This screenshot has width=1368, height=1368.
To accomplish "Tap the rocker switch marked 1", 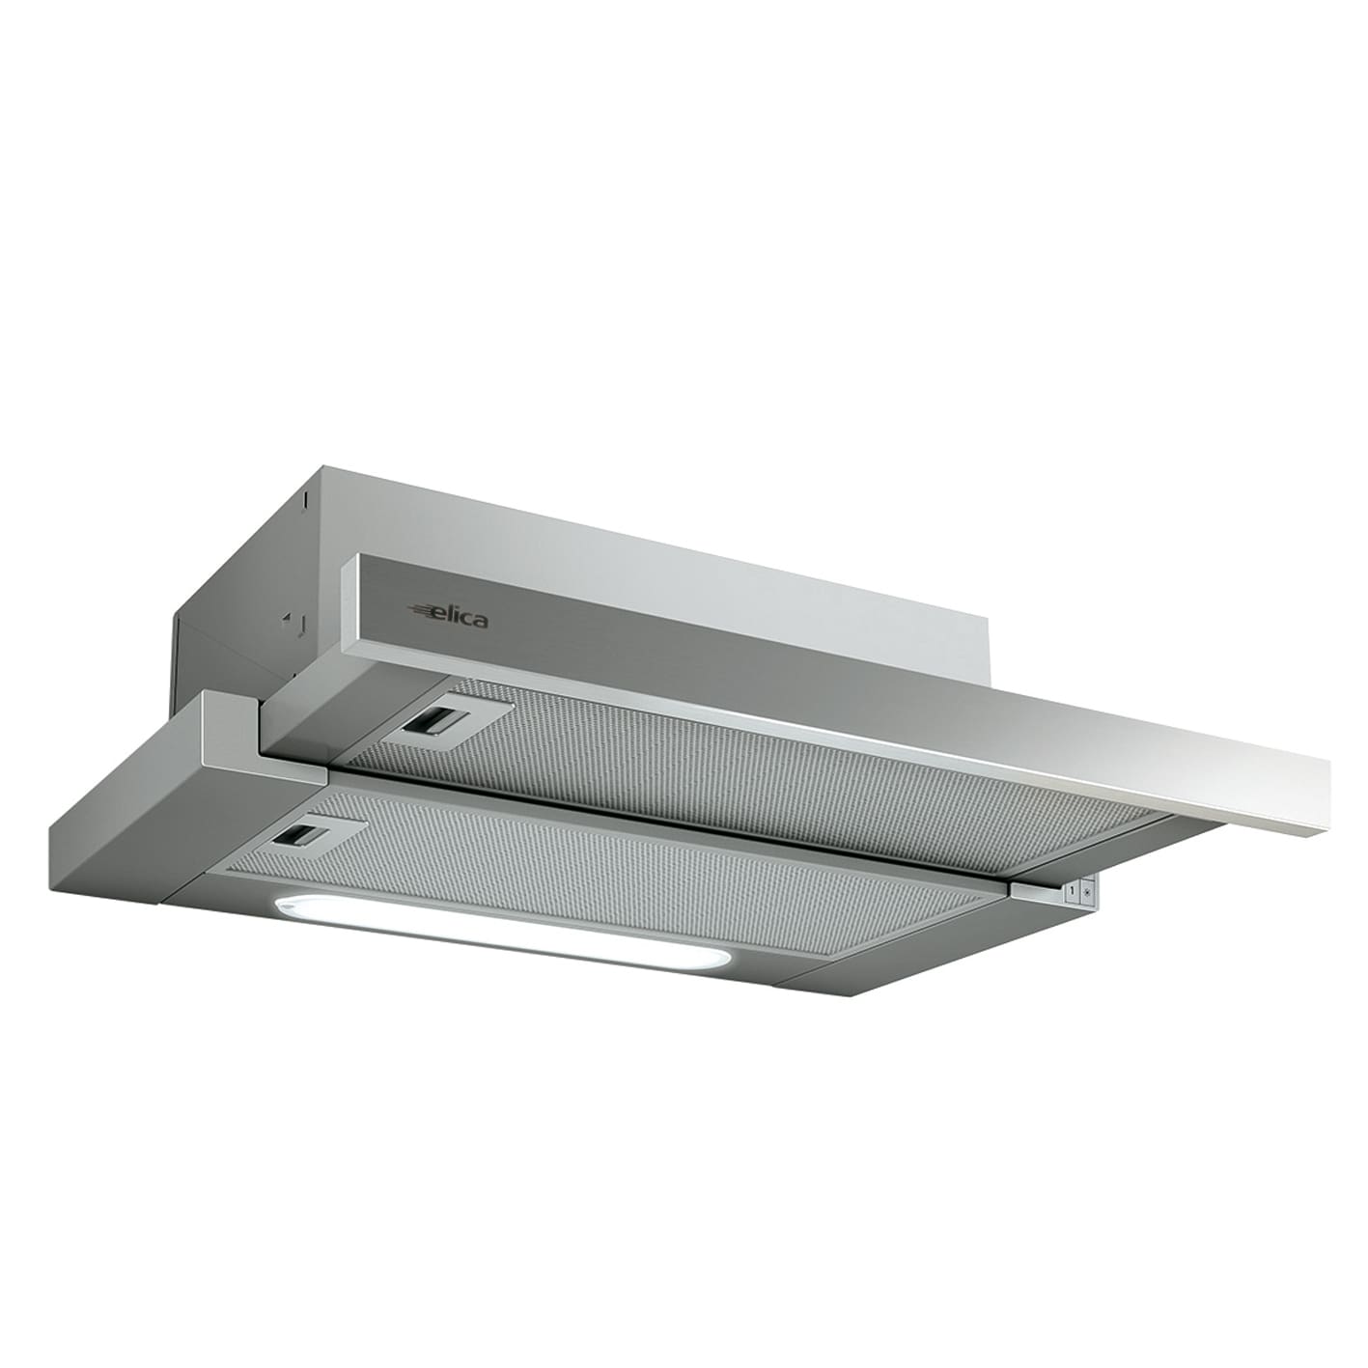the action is [x=1070, y=887].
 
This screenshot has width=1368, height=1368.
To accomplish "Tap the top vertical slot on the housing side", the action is [x=304, y=500].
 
